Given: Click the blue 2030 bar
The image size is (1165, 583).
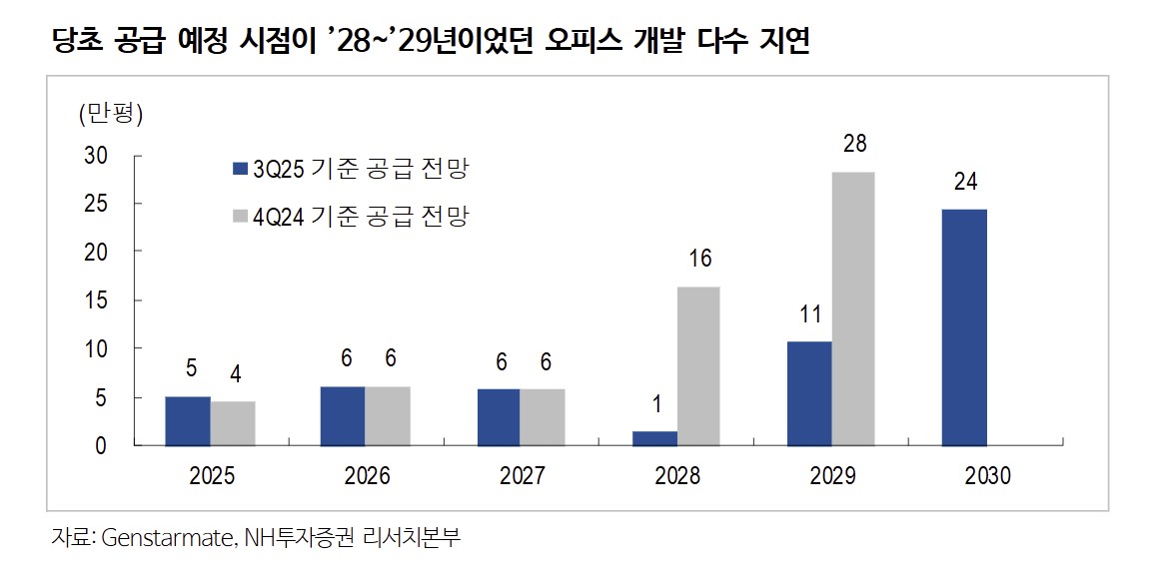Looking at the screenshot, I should [965, 327].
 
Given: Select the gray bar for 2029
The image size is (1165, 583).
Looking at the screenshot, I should [853, 308].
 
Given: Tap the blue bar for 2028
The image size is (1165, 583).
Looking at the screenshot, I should [654, 438].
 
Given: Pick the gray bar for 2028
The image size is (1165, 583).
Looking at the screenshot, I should [698, 365].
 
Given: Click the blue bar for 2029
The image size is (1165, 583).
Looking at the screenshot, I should [809, 393].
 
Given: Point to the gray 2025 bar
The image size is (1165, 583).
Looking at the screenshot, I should [233, 423].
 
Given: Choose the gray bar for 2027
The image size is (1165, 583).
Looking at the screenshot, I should [544, 416].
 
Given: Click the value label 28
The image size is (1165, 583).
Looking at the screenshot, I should [854, 145].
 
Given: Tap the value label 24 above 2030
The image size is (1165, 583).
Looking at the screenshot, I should [965, 182].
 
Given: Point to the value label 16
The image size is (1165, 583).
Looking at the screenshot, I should [699, 260].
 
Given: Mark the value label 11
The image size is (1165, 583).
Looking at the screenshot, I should [810, 314].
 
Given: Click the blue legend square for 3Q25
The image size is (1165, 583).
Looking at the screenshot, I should [240, 169].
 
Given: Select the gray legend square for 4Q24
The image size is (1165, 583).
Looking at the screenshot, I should [240, 216].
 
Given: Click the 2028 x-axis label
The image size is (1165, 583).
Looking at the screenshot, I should [677, 476].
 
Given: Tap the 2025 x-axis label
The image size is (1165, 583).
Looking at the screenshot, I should [211, 476].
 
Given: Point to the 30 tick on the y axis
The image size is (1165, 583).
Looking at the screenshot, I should [95, 156].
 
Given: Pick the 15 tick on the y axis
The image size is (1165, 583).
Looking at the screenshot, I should [96, 300].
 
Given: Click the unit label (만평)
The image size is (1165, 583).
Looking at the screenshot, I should [111, 114].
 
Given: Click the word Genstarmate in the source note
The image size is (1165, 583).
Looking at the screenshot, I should [167, 538].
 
